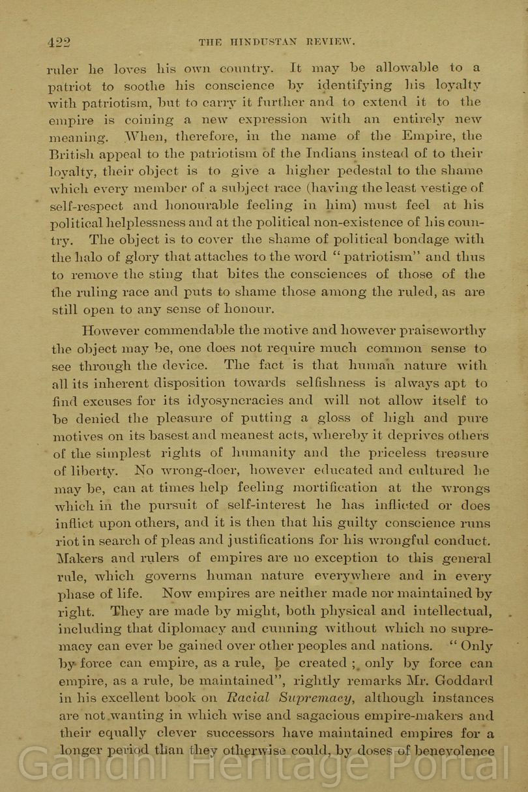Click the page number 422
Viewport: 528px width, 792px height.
59,42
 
